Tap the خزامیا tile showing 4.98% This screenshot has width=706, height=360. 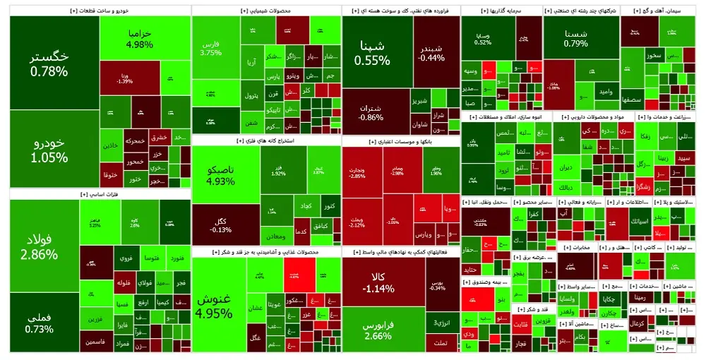click(x=139, y=39)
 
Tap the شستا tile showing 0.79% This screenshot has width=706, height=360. click(x=575, y=39)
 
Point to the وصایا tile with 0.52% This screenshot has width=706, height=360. click(x=483, y=38)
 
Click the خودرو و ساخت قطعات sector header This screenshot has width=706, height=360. click(x=98, y=11)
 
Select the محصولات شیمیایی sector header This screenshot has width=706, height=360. click(x=265, y=11)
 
